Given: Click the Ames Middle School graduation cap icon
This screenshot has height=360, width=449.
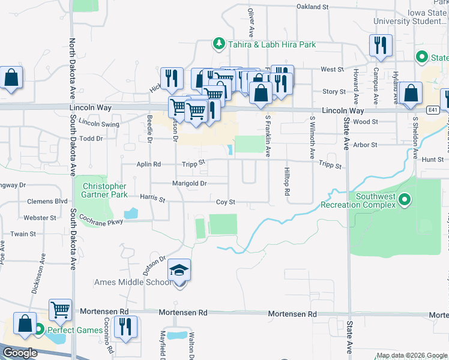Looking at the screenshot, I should pos(179,271).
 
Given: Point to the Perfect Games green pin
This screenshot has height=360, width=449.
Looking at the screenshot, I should pos(39,329).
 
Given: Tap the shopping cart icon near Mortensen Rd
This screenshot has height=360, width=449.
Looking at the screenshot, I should pos(60,310).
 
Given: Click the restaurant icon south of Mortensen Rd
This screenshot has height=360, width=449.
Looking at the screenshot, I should pos(126,327).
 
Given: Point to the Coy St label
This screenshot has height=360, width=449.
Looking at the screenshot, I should pos(225,202).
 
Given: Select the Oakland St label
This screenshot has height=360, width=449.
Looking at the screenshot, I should pos(313,7).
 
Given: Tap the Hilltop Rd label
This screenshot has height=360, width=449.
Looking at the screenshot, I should pos(287,185).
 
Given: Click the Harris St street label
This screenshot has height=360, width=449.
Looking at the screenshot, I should pos(152,197).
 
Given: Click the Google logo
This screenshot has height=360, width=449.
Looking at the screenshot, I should pos(19,353).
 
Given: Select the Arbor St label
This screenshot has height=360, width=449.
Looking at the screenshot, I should pos(365,145).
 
